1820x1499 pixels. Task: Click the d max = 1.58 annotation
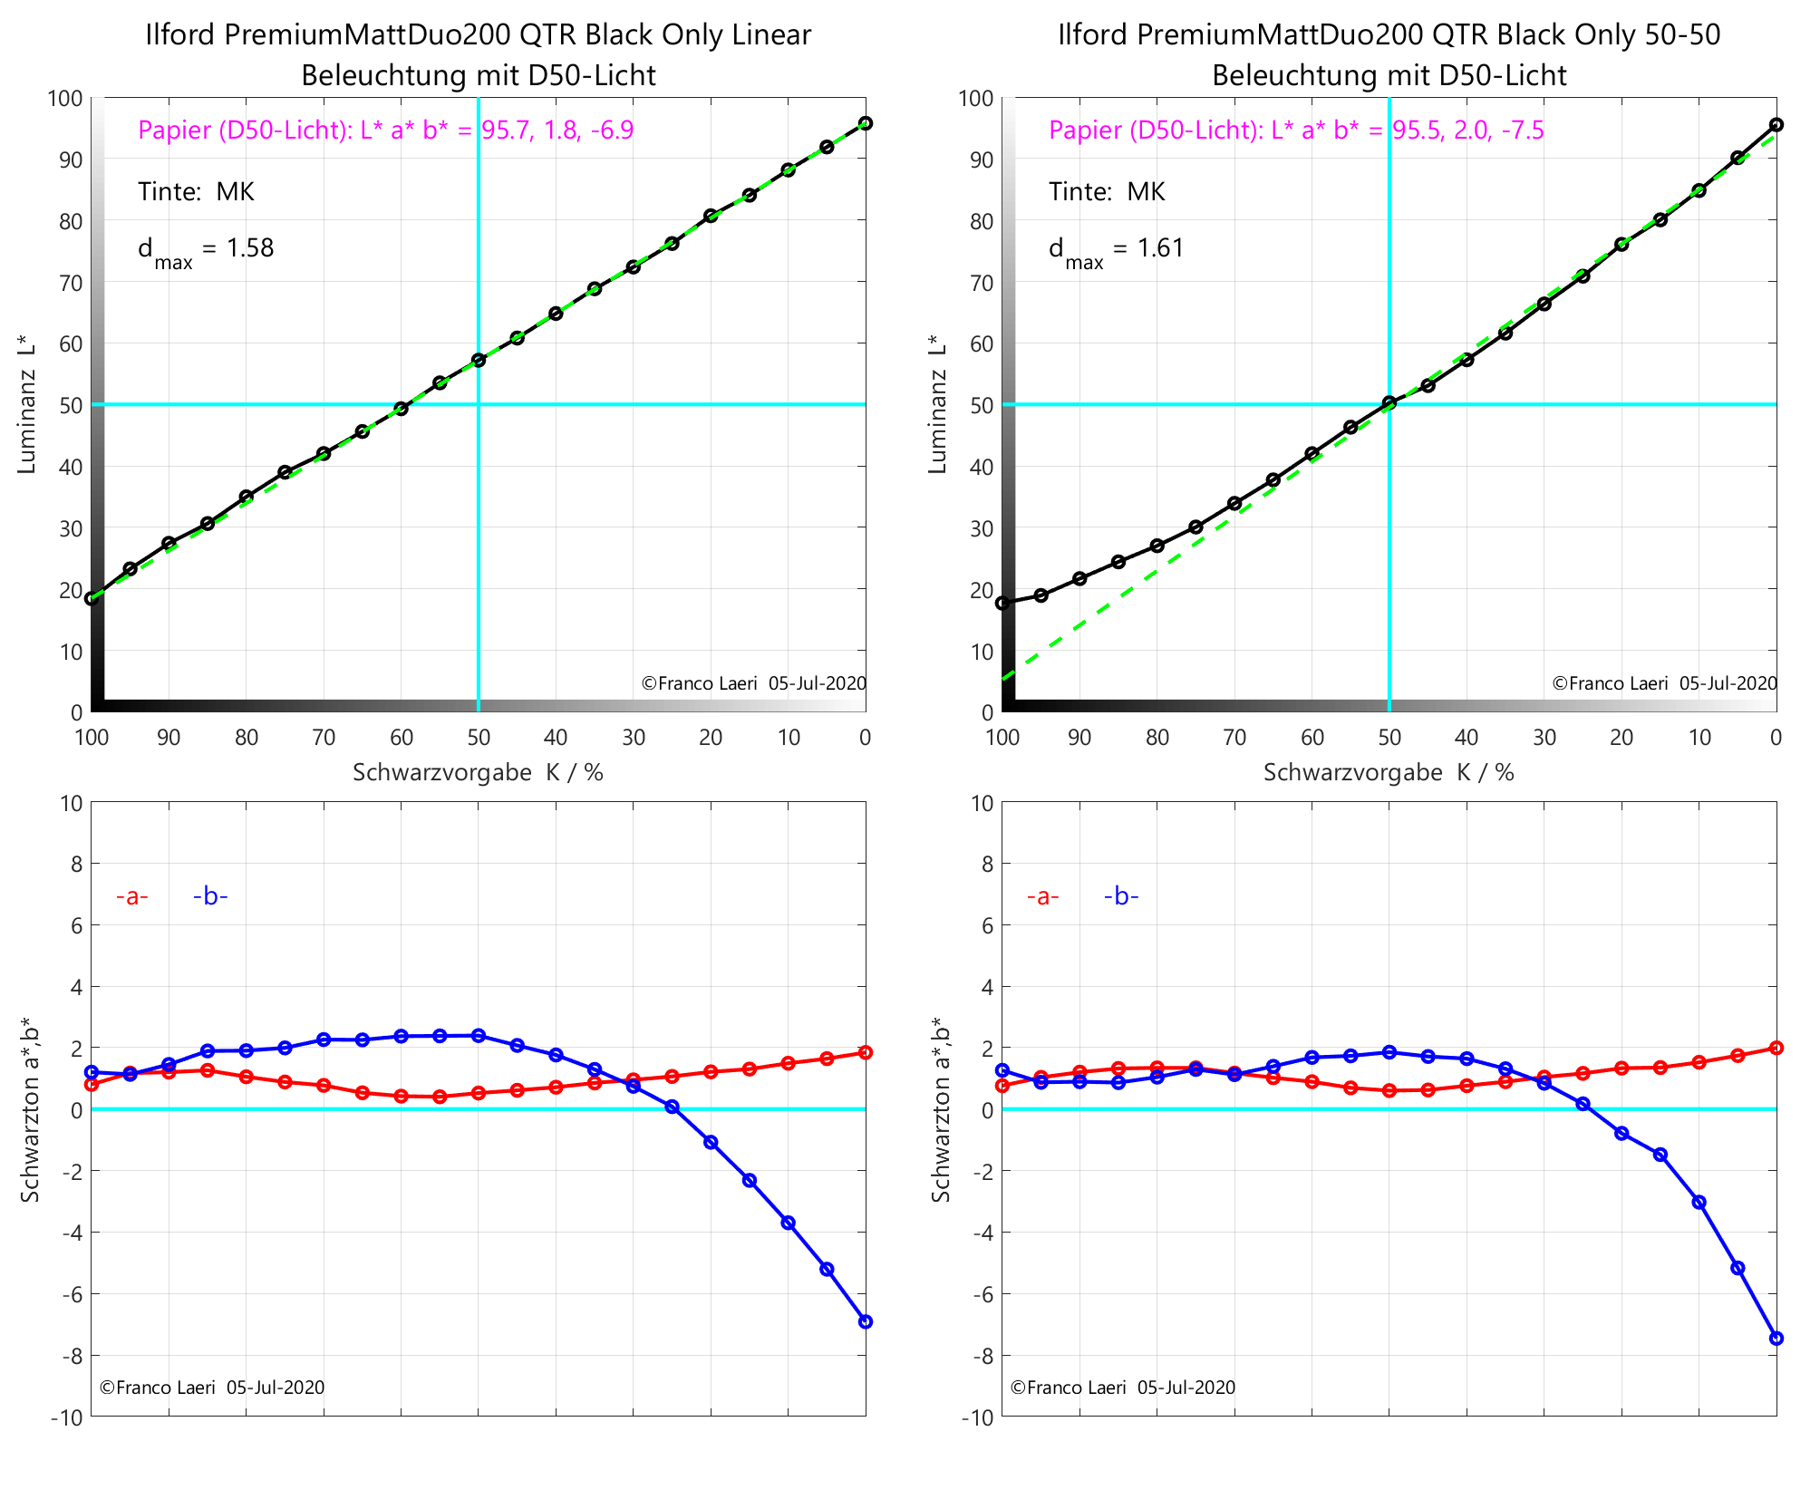click(206, 249)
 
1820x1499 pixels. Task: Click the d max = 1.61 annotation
click(1117, 249)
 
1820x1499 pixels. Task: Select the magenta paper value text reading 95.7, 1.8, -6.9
click(557, 131)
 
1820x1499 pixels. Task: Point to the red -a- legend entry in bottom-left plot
click(131, 896)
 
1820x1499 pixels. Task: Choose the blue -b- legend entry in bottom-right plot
click(1121, 896)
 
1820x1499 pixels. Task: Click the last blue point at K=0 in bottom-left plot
click(866, 1322)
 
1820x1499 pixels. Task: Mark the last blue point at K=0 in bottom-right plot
click(1776, 1339)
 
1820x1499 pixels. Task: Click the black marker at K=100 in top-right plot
click(1002, 603)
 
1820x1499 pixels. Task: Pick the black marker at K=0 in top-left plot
click(866, 123)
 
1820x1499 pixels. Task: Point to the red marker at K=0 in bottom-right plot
click(1776, 1048)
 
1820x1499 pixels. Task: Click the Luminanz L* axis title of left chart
click(26, 404)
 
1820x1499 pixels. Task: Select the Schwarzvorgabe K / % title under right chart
click(1389, 772)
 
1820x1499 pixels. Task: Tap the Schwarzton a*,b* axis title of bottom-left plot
click(30, 1108)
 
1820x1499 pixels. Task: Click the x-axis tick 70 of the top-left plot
click(324, 738)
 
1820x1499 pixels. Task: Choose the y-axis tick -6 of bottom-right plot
click(980, 1294)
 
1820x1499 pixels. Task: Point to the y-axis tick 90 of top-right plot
click(983, 160)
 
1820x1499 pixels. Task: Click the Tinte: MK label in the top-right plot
click(1107, 192)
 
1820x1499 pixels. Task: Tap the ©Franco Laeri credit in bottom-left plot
click(211, 1388)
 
